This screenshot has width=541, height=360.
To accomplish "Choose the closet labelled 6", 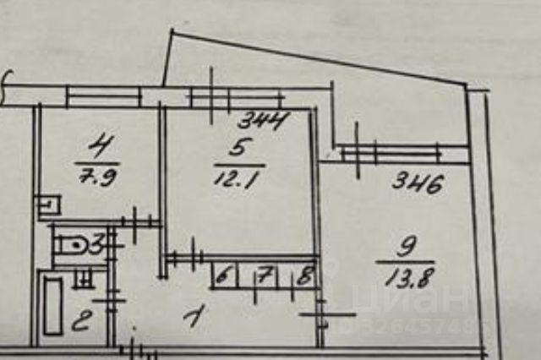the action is [223, 275].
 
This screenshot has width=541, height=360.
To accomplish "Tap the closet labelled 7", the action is [262, 275].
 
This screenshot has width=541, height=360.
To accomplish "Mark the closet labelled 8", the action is [303, 275].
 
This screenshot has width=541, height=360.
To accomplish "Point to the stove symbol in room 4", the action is [48, 204].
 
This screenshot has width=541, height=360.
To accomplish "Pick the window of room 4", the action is [103, 97].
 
